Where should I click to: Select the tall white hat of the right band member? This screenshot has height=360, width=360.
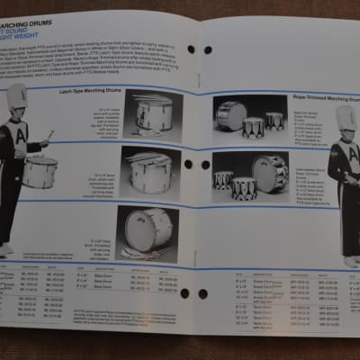(346, 117)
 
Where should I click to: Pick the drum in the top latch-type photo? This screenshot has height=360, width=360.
(154, 114)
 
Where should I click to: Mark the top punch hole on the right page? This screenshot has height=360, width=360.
(207, 50)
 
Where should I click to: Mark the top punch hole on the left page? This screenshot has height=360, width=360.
(191, 49)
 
